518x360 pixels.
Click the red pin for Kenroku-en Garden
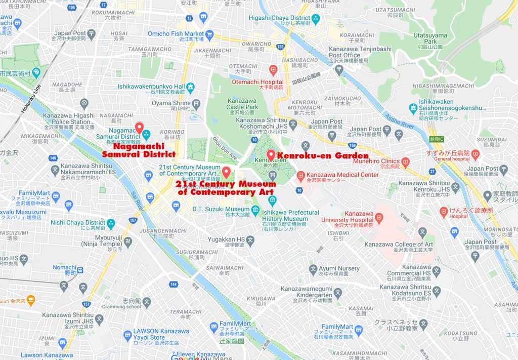tap(271, 155)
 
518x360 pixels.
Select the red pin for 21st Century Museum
tap(226, 172)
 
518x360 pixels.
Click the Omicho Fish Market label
tap(176, 34)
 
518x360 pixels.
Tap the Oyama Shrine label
tap(171, 103)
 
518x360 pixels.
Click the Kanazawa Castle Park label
tap(242, 104)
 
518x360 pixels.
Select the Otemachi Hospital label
tap(257, 82)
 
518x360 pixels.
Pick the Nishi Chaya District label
tap(77, 222)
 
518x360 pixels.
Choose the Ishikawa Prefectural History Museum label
tap(291, 215)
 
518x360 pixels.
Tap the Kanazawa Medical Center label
tap(342, 175)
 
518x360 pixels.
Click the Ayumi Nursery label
tap(338, 268)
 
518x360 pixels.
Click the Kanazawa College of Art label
tap(399, 244)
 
